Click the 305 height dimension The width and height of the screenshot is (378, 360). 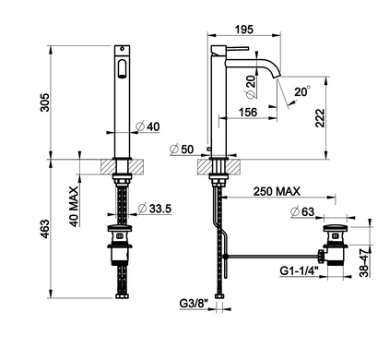tap(45, 102)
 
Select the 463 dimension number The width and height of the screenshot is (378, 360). tap(45, 229)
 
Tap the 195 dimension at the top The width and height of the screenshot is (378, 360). tap(244, 30)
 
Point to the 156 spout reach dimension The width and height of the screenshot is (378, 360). tap(248, 112)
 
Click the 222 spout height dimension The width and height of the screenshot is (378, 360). tap(320, 117)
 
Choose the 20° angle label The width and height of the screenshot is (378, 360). tap(302, 91)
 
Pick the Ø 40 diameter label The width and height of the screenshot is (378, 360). tap(148, 126)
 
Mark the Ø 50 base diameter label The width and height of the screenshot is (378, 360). tap(182, 150)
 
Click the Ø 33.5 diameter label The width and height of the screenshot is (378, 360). tap(155, 209)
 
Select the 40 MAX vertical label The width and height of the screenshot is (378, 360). tap(74, 207)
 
